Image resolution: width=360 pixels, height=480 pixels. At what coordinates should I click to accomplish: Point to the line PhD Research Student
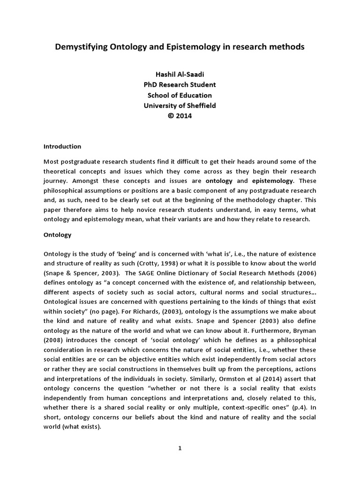pyautogui.click(x=180, y=85)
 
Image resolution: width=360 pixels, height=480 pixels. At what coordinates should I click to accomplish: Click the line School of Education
pyautogui.click(x=180, y=96)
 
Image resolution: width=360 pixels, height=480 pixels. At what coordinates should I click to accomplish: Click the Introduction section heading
pyautogui.click(x=63, y=146)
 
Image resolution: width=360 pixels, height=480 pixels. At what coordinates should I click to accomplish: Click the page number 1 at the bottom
pyautogui.click(x=180, y=448)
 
